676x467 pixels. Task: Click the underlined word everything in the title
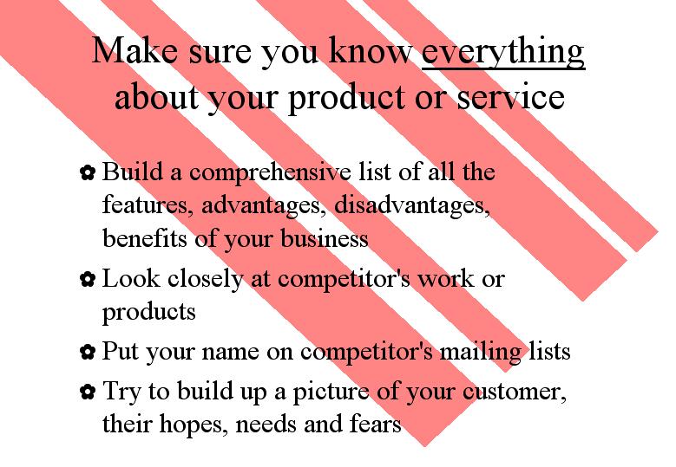coord(503,53)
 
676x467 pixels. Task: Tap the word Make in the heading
coord(135,50)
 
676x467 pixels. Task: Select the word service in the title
coord(510,96)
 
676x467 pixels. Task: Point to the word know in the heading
coord(371,50)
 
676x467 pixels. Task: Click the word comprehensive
coord(270,173)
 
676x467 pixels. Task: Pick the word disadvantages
coord(411,204)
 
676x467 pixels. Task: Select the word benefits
coord(145,238)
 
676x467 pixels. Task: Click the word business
coord(325,238)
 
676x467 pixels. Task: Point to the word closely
coord(205,280)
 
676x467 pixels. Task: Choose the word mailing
coord(480,353)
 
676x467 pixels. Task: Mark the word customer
coord(515,392)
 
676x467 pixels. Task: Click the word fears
coord(375,423)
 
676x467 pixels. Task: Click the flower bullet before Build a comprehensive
coord(88,172)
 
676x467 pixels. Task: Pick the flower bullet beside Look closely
coord(88,279)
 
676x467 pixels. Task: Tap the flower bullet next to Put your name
coord(88,352)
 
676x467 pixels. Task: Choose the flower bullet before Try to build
coord(88,392)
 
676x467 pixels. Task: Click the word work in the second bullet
coord(445,278)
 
